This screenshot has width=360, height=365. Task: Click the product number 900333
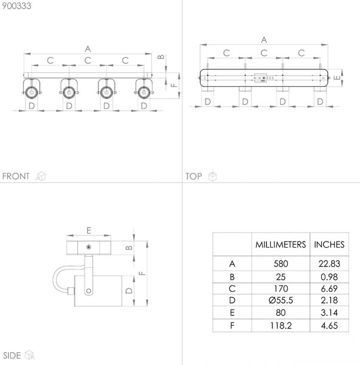point(16,6)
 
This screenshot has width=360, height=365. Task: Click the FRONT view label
point(16,176)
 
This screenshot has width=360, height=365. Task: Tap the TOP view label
point(193,176)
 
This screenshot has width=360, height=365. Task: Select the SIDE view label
point(12,355)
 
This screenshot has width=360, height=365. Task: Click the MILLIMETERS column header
point(281,245)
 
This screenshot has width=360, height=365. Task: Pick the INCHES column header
point(329,245)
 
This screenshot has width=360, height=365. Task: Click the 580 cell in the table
point(281,264)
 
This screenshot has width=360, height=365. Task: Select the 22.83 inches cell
point(329,264)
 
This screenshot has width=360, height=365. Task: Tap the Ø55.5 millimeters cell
point(281,301)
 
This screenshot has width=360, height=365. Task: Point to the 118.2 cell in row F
point(281,325)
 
